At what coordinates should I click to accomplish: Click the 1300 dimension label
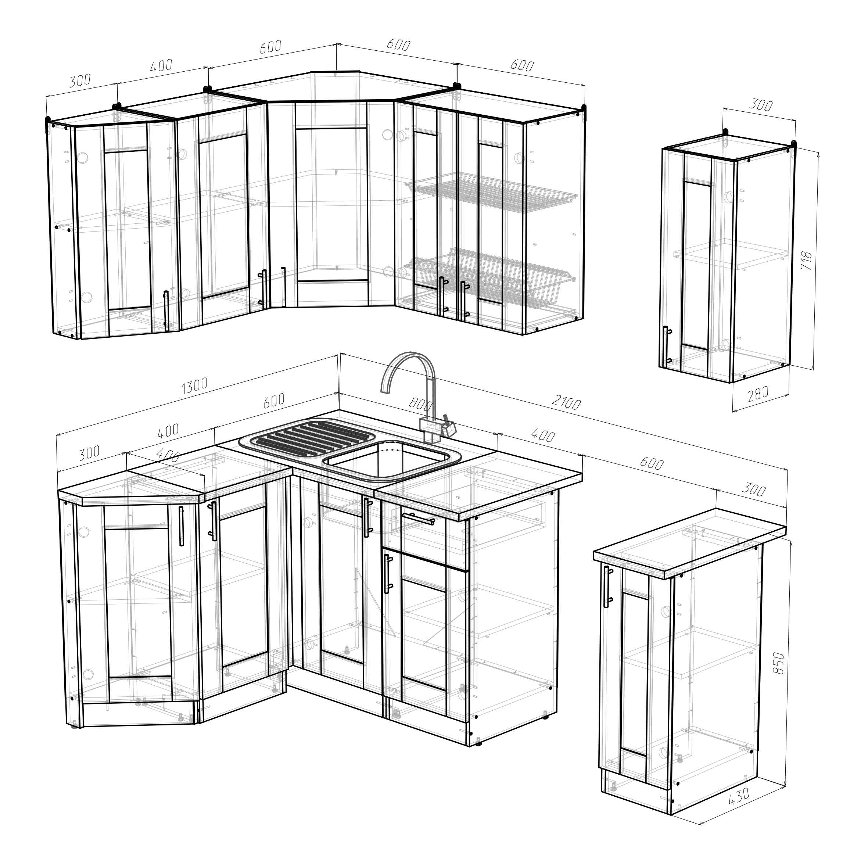(194, 385)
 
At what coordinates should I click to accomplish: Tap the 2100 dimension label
(566, 402)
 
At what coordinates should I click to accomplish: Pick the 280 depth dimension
(758, 394)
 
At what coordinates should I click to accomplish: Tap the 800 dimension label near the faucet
(420, 404)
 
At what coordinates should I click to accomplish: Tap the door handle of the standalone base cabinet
(607, 587)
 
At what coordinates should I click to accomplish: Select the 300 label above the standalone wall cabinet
(761, 105)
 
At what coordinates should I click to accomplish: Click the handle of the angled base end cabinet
(181, 526)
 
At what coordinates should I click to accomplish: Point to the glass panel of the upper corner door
(331, 204)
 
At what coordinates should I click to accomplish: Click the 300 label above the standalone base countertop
(753, 489)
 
